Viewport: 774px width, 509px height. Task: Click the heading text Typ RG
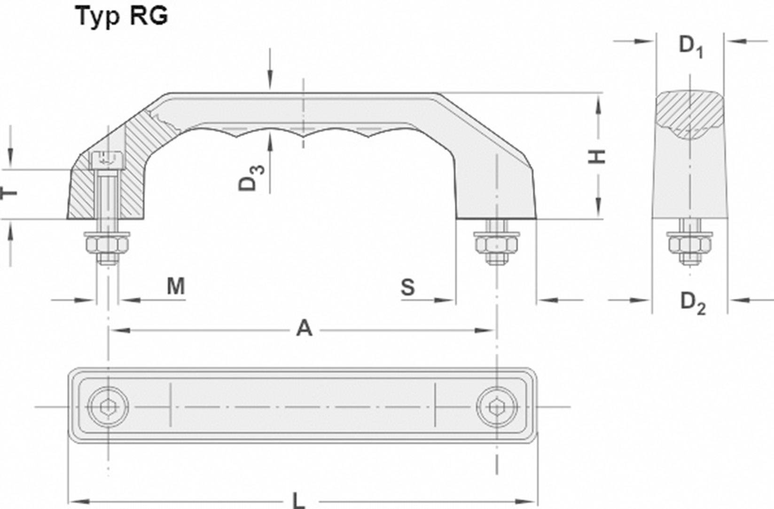(x=122, y=16)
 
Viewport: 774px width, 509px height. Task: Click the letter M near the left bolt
(x=176, y=286)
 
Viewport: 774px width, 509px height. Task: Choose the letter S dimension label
(x=408, y=287)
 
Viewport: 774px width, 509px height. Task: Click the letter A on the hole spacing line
(x=304, y=329)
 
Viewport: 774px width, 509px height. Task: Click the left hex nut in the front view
(x=108, y=246)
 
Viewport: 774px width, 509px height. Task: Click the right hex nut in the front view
(x=496, y=246)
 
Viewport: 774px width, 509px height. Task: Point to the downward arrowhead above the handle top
(x=270, y=82)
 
